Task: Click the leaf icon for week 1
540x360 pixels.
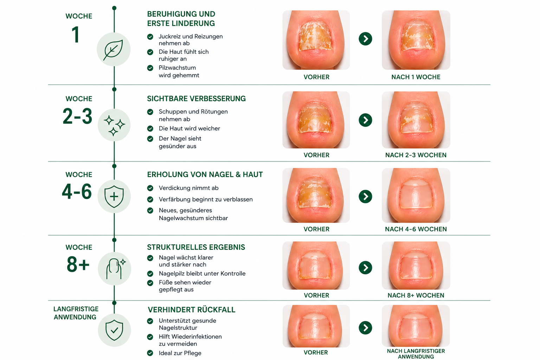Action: pos(113,50)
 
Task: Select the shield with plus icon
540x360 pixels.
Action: pos(114,197)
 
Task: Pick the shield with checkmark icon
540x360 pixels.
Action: pos(114,330)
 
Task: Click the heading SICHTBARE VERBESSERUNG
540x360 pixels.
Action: pos(196,99)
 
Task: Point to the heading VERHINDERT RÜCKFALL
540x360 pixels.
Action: pos(191,310)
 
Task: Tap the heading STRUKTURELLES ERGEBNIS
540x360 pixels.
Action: pos(196,247)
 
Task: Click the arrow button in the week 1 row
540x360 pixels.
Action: pos(366,39)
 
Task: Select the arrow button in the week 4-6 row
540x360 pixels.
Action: pos(366,197)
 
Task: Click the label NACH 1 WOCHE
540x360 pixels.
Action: pos(416,77)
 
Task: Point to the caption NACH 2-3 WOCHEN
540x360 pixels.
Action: pos(416,155)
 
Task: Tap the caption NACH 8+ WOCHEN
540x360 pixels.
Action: pos(416,295)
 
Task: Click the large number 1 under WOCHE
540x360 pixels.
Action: pos(76,35)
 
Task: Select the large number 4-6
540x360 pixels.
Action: pos(77,192)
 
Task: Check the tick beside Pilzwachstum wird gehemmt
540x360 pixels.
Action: pos(150,68)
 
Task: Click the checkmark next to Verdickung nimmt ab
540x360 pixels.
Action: pos(150,188)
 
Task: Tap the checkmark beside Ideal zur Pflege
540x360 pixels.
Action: pos(150,353)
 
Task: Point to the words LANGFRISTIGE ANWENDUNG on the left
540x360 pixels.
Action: pos(76,313)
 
